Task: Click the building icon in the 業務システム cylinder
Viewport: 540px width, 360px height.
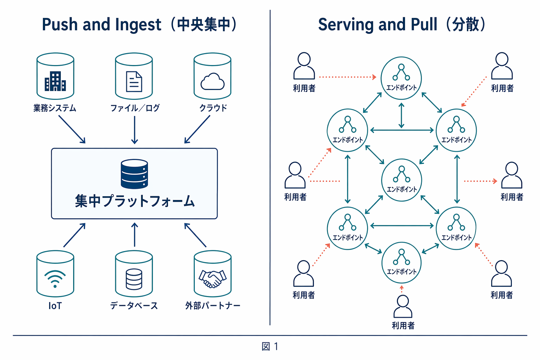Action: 55,82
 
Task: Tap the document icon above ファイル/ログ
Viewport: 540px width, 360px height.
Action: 134,82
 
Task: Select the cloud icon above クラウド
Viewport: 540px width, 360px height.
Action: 212,82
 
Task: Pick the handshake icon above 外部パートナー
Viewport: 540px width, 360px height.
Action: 212,279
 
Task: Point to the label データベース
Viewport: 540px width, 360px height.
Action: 134,306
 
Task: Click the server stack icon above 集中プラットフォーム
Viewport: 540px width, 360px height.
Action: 134,174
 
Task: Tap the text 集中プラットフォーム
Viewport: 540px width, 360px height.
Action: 135,201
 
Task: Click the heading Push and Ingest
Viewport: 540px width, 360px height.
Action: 101,25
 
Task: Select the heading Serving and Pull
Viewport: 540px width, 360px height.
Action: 378,25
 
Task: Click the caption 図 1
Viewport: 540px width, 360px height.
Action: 270,347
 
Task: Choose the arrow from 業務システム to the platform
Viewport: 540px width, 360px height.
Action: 72,129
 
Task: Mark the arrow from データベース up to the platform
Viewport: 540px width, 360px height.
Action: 134,234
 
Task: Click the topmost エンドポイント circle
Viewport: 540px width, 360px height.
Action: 401,78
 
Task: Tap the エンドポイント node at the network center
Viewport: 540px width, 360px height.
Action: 401,180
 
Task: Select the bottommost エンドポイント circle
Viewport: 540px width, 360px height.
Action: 401,262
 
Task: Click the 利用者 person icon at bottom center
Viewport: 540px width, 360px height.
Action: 403,307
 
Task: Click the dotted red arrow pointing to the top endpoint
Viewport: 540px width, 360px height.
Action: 347,77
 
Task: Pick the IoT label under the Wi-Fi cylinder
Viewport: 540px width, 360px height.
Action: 55,306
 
